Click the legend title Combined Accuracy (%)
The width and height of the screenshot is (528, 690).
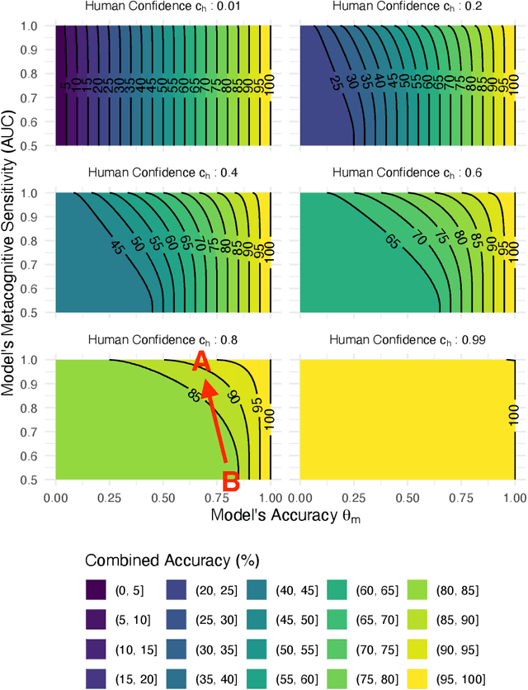pos(172,560)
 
